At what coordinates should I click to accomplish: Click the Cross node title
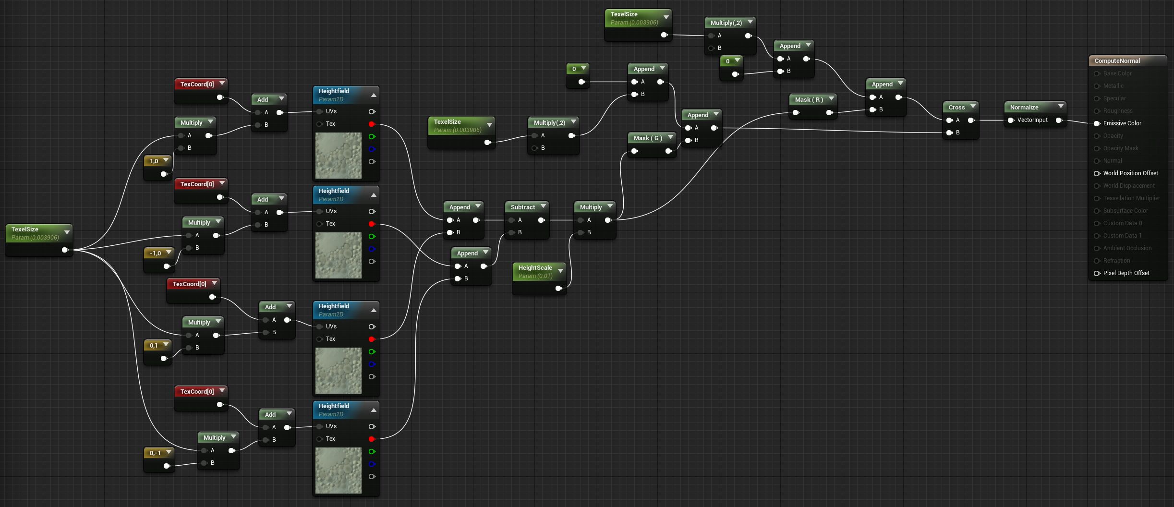(x=956, y=107)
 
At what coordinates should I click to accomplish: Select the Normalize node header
(x=1024, y=107)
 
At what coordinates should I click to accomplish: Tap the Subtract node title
(x=522, y=207)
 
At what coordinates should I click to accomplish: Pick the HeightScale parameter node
(x=535, y=271)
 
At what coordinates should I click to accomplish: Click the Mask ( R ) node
(x=809, y=100)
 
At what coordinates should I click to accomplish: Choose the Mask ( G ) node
(x=647, y=138)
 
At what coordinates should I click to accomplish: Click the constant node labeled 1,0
(x=154, y=161)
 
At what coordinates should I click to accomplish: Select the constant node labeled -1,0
(x=155, y=253)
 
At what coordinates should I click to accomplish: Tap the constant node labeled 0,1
(x=154, y=345)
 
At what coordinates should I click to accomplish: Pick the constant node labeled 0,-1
(x=155, y=453)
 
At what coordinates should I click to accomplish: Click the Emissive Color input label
(x=1122, y=123)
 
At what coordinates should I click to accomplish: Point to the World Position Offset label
(x=1130, y=173)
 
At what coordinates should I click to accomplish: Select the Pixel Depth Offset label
(x=1126, y=273)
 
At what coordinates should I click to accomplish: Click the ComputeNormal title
(x=1117, y=61)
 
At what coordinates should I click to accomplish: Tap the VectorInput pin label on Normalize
(x=1032, y=120)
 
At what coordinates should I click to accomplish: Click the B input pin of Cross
(x=949, y=133)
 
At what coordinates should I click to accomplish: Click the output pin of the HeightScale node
(x=558, y=288)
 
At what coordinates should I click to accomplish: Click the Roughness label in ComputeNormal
(x=1117, y=111)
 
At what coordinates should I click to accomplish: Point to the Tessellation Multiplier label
(x=1131, y=198)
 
